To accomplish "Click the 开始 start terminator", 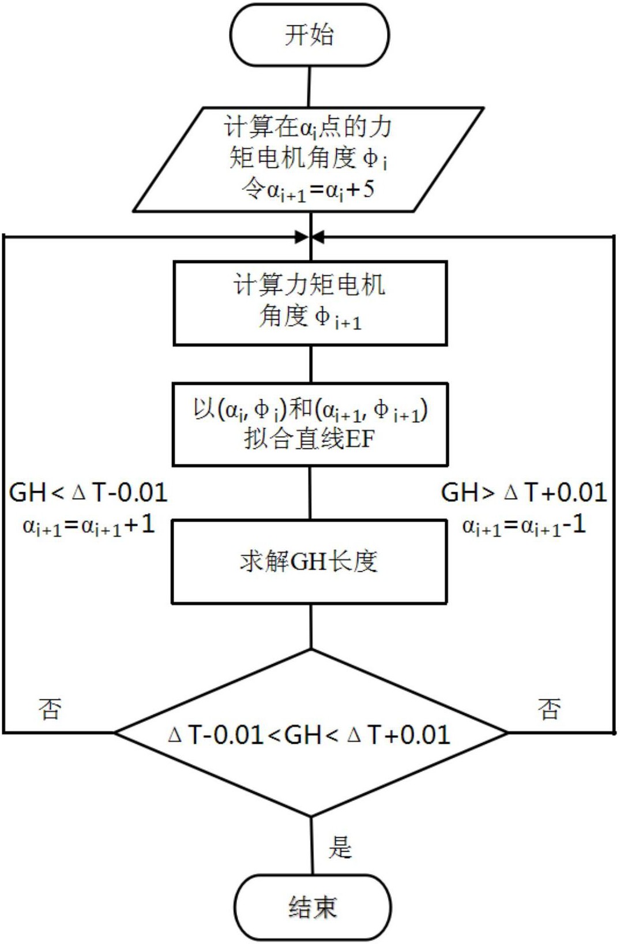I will pyautogui.click(x=310, y=35).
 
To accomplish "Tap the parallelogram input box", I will pyautogui.click(x=309, y=159).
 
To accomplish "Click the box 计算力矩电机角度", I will pyautogui.click(x=310, y=303).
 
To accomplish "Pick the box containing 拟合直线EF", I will pyautogui.click(x=310, y=424).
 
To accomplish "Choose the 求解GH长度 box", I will pyautogui.click(x=309, y=561).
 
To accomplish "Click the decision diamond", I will pyautogui.click(x=311, y=733).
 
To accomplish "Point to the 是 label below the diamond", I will pyautogui.click(x=340, y=847).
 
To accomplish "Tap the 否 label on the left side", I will pyautogui.click(x=50, y=709).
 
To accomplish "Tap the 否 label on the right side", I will pyautogui.click(x=549, y=709).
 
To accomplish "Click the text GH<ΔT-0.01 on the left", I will pyautogui.click(x=88, y=493).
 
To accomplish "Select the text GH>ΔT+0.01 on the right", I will pyautogui.click(x=524, y=493).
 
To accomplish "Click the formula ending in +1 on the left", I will pyautogui.click(x=89, y=525).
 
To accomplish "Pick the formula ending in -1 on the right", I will pyautogui.click(x=524, y=525).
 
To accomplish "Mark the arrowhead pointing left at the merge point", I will pyautogui.click(x=318, y=237).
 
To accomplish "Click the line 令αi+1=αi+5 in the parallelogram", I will pyautogui.click(x=308, y=190).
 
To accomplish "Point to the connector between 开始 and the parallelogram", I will pyautogui.click(x=310, y=87).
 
